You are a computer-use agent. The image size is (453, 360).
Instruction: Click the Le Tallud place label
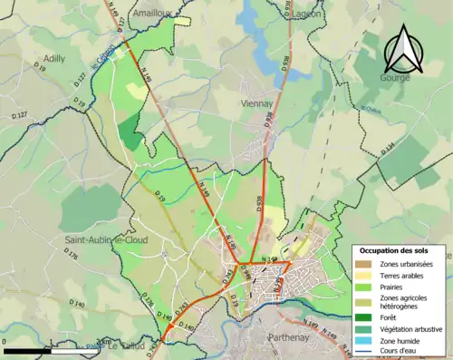(122, 346)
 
